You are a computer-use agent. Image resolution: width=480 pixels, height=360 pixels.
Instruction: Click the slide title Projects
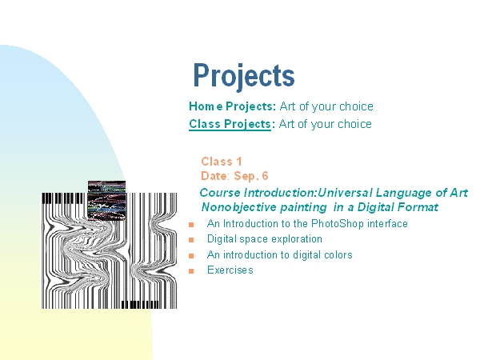click(x=244, y=76)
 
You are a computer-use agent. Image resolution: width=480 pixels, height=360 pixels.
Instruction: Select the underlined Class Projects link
click(x=230, y=124)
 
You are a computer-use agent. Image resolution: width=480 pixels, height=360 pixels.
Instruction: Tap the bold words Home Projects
click(x=233, y=106)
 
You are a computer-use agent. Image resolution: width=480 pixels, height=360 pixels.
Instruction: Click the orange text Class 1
click(x=222, y=162)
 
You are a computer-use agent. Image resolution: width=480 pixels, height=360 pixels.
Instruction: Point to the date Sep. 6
click(x=251, y=176)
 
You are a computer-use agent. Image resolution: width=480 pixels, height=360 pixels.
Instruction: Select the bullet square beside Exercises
click(x=191, y=271)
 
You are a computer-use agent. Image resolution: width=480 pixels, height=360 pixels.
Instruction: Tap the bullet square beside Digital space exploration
click(x=191, y=240)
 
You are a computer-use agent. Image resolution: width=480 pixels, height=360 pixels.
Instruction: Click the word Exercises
click(x=230, y=270)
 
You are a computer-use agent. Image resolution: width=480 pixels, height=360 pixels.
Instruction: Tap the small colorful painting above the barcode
click(x=107, y=200)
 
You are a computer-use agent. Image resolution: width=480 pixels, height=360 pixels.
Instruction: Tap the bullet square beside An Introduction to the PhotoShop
click(x=191, y=225)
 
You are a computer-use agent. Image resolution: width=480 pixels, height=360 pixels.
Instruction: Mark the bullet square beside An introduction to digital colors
click(x=191, y=256)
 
